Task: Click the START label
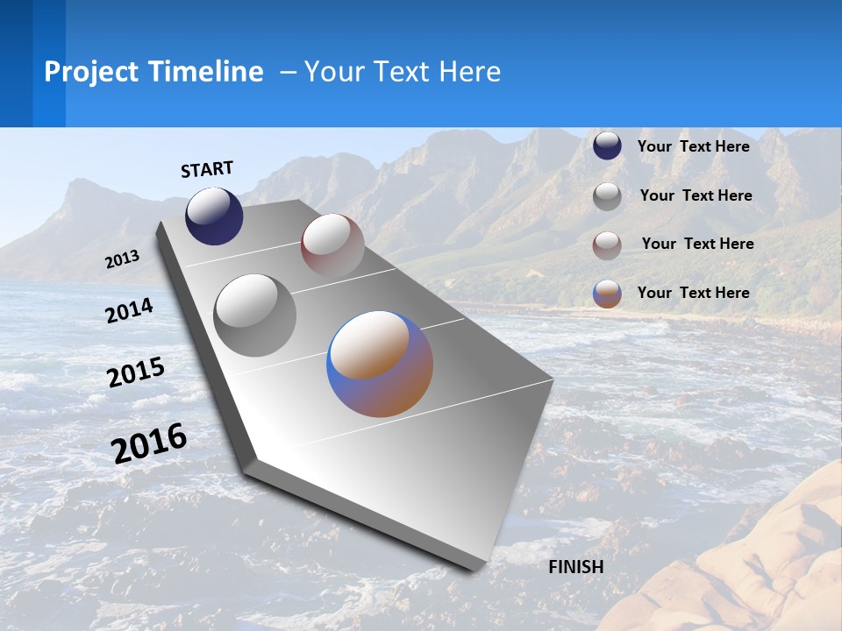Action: (207, 169)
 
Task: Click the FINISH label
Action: (576, 567)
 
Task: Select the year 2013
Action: (122, 259)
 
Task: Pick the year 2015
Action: (136, 372)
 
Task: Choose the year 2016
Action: (149, 443)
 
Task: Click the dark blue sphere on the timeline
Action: (214, 216)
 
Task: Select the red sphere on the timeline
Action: (332, 245)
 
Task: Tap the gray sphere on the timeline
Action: (255, 315)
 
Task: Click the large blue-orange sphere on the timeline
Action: (380, 364)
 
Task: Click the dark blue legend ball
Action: (607, 145)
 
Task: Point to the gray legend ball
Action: (607, 196)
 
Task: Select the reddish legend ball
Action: (607, 245)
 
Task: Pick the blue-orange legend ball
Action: (607, 294)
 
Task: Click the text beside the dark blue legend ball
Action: (693, 146)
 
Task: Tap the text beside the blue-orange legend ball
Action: (693, 293)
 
